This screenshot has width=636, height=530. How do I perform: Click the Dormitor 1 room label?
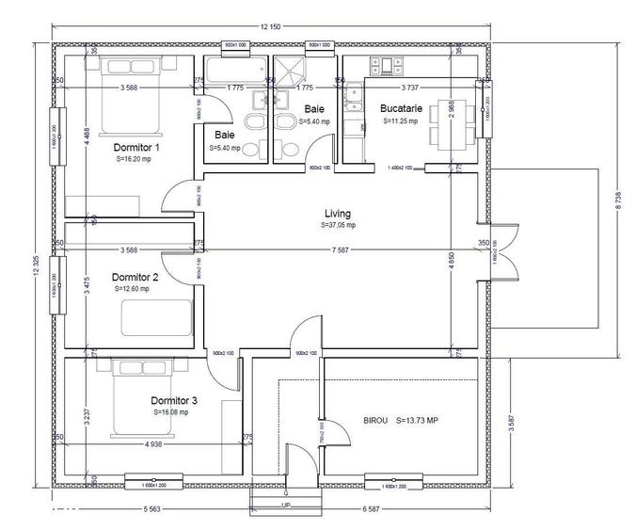136,148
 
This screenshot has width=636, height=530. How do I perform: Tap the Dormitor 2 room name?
135,278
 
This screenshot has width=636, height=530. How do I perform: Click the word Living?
338,214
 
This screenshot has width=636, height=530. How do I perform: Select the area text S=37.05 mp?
339,226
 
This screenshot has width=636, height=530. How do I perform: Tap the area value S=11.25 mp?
402,121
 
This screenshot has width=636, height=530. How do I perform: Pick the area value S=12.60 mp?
133,290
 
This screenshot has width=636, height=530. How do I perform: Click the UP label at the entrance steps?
285,506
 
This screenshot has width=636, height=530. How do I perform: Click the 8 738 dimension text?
618,201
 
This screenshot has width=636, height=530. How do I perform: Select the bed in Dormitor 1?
140,94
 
